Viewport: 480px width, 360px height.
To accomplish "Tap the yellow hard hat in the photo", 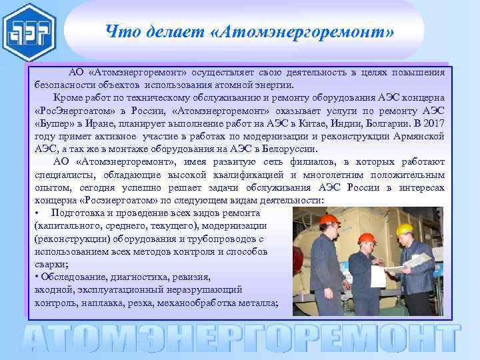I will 404,229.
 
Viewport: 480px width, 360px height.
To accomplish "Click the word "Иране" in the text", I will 108,123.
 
